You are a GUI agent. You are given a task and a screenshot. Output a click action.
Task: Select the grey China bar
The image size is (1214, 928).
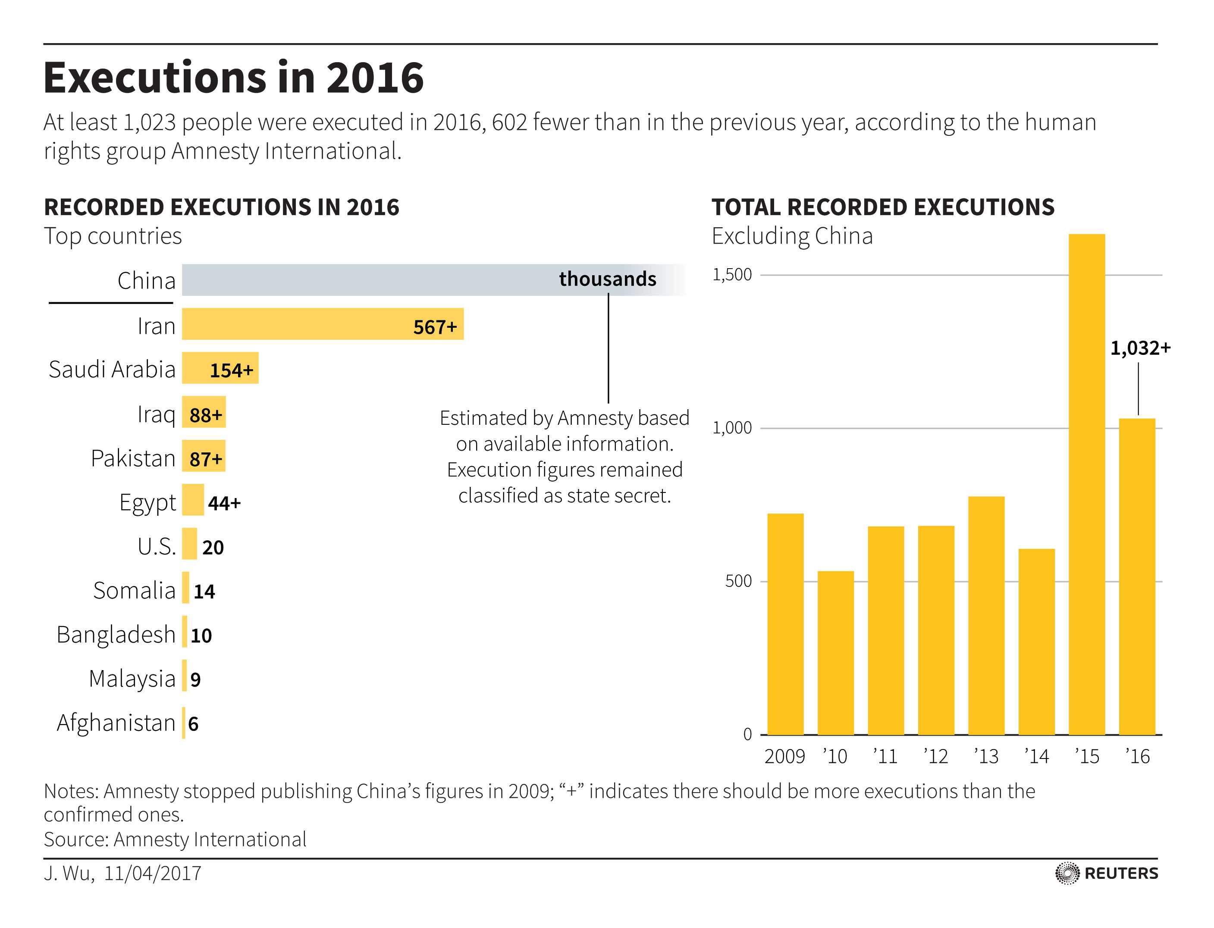(x=364, y=280)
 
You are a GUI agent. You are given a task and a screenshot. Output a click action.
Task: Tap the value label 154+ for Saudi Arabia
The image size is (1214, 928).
(x=231, y=370)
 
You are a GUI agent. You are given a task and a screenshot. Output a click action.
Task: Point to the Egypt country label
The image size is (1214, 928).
(x=147, y=503)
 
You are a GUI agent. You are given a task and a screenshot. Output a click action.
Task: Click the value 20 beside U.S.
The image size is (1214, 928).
(x=213, y=547)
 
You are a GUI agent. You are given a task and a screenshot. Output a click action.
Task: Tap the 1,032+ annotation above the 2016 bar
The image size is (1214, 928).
(x=1140, y=348)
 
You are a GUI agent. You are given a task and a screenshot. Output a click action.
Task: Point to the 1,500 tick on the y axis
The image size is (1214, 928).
(x=732, y=275)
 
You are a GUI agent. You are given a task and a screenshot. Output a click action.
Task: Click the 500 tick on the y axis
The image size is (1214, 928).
(x=738, y=581)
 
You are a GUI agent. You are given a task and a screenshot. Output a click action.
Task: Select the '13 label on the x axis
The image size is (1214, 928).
(x=986, y=756)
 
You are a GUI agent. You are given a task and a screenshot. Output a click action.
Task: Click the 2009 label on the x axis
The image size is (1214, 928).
(x=784, y=756)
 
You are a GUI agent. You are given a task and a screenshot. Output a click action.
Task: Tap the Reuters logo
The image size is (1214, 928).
(x=1106, y=873)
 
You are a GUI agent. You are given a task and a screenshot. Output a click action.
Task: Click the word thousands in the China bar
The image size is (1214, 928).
(x=608, y=279)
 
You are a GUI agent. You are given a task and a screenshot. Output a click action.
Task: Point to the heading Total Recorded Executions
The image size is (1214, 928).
(x=883, y=207)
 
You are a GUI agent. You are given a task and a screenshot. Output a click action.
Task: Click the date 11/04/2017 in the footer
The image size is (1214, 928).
(x=152, y=873)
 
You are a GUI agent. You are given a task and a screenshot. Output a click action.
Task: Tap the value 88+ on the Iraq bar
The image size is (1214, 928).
(x=205, y=415)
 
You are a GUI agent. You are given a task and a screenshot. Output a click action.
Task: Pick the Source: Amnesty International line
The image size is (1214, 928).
(x=175, y=839)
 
